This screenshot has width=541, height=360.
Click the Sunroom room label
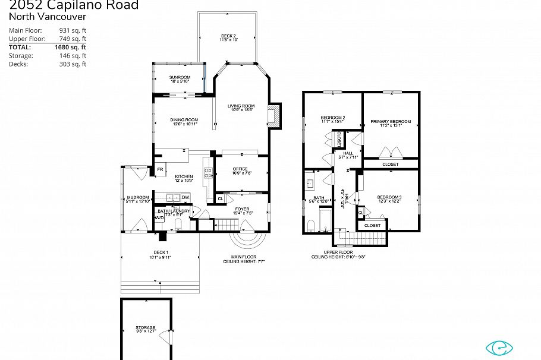[179, 78]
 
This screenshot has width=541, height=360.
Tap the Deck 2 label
[228, 37]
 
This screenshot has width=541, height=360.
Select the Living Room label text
[241, 107]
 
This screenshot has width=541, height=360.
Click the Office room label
[240, 170]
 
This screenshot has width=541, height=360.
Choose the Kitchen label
[184, 177]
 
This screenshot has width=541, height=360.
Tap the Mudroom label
[137, 198]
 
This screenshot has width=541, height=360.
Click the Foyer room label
[241, 209]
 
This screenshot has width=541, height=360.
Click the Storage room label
[145, 329]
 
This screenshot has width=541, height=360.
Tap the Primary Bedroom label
[391, 122]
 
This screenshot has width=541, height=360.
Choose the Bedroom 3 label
[389, 198]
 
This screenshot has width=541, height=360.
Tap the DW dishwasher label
[185, 197]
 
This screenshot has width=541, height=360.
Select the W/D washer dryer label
[159, 218]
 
